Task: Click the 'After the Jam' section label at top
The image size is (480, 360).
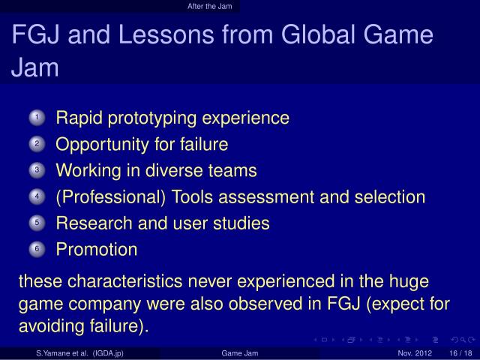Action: pos(210,7)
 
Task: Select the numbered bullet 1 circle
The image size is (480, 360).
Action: pos(39,118)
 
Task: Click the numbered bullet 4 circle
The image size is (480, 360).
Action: pos(39,197)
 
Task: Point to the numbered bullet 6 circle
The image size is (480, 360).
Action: pos(39,250)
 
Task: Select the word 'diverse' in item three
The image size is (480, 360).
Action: pos(174,170)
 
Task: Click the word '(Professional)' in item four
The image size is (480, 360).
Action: pos(110,197)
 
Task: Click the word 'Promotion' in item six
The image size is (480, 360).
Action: pos(97,249)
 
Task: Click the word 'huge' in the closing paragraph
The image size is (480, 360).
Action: pos(409,282)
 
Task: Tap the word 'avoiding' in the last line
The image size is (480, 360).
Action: pos(48,327)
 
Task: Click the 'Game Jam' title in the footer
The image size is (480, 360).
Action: pos(239,353)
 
